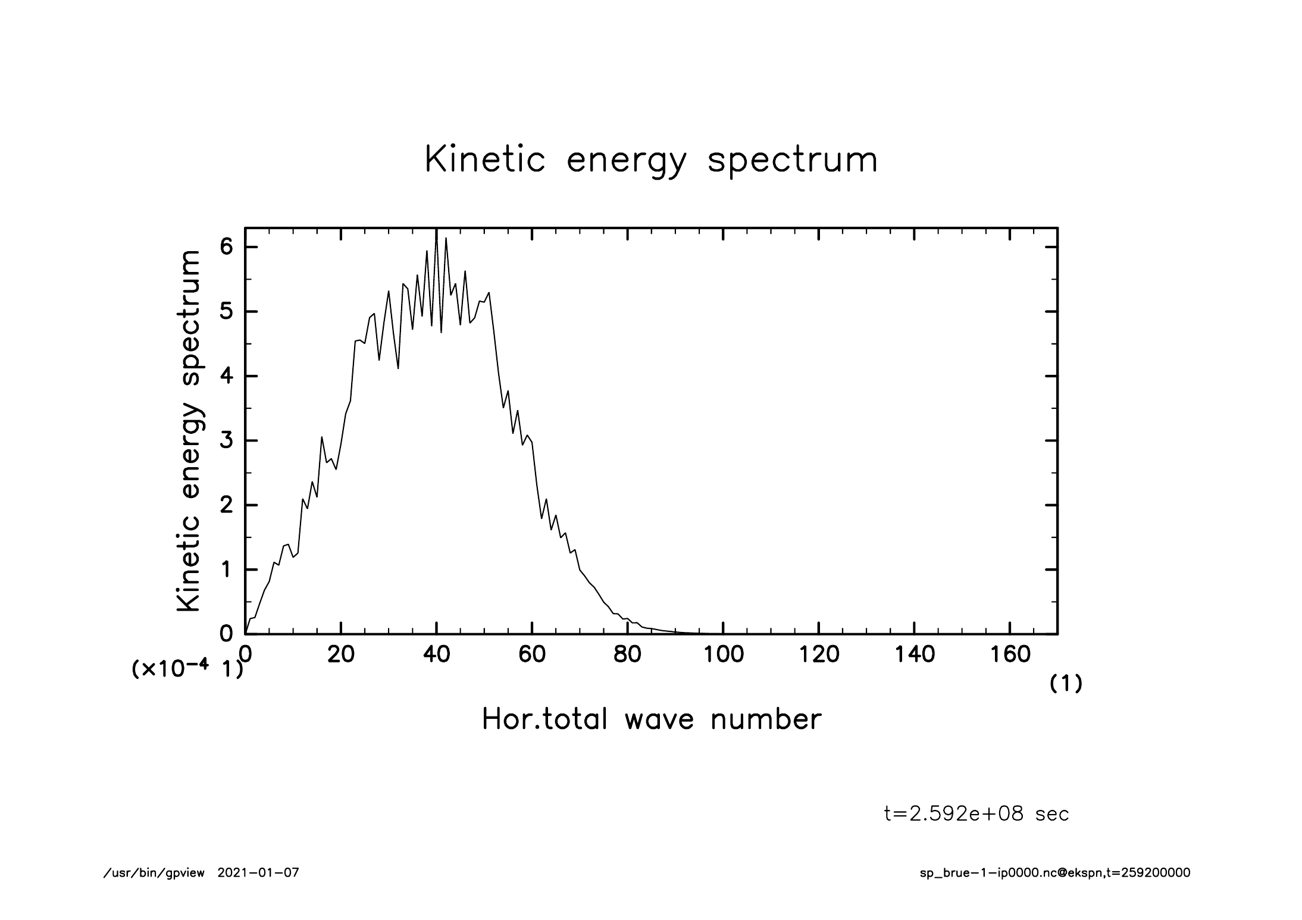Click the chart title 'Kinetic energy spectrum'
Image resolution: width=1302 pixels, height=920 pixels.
coord(652,160)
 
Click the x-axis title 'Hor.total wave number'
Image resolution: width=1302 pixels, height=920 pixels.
coord(652,719)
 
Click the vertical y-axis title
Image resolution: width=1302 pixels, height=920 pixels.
coord(189,431)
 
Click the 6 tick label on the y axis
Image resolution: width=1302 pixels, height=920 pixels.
coord(226,247)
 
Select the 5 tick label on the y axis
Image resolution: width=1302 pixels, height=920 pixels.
coord(226,312)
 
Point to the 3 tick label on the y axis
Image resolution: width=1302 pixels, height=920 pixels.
coord(226,441)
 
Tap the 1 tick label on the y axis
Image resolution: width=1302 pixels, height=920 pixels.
coord(226,570)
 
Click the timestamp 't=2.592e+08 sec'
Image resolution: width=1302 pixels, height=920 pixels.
coord(976,813)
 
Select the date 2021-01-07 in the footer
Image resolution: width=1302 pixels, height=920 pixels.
coord(258,873)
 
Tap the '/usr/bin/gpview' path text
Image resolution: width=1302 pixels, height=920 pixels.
coord(154,874)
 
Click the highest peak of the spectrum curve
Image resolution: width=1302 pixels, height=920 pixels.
coord(437,229)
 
